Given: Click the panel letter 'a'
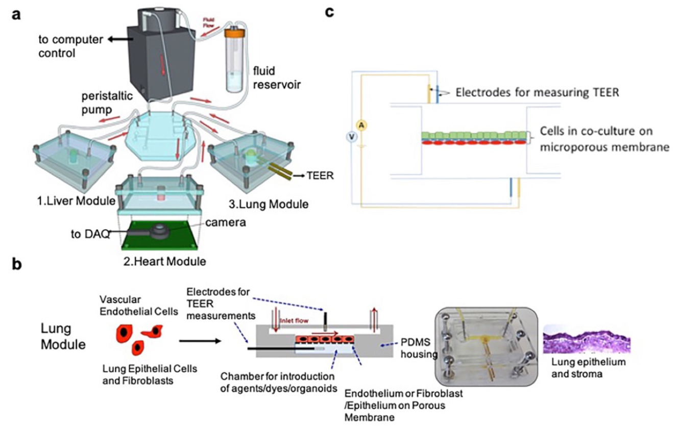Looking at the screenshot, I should tap(17, 14).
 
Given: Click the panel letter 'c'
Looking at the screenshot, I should tap(330, 11).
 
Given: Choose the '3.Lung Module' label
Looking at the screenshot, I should tap(269, 205).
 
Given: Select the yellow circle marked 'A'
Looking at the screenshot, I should tap(365, 125).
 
